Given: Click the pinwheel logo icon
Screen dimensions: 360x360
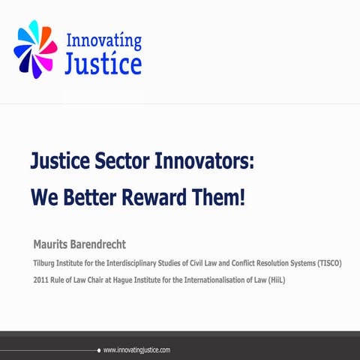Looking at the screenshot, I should click(x=34, y=49).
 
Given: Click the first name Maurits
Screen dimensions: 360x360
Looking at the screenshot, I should click(x=55, y=245).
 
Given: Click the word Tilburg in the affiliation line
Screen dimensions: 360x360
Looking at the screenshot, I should click(x=45, y=264).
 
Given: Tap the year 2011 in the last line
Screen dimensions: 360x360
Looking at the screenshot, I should click(x=42, y=280).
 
